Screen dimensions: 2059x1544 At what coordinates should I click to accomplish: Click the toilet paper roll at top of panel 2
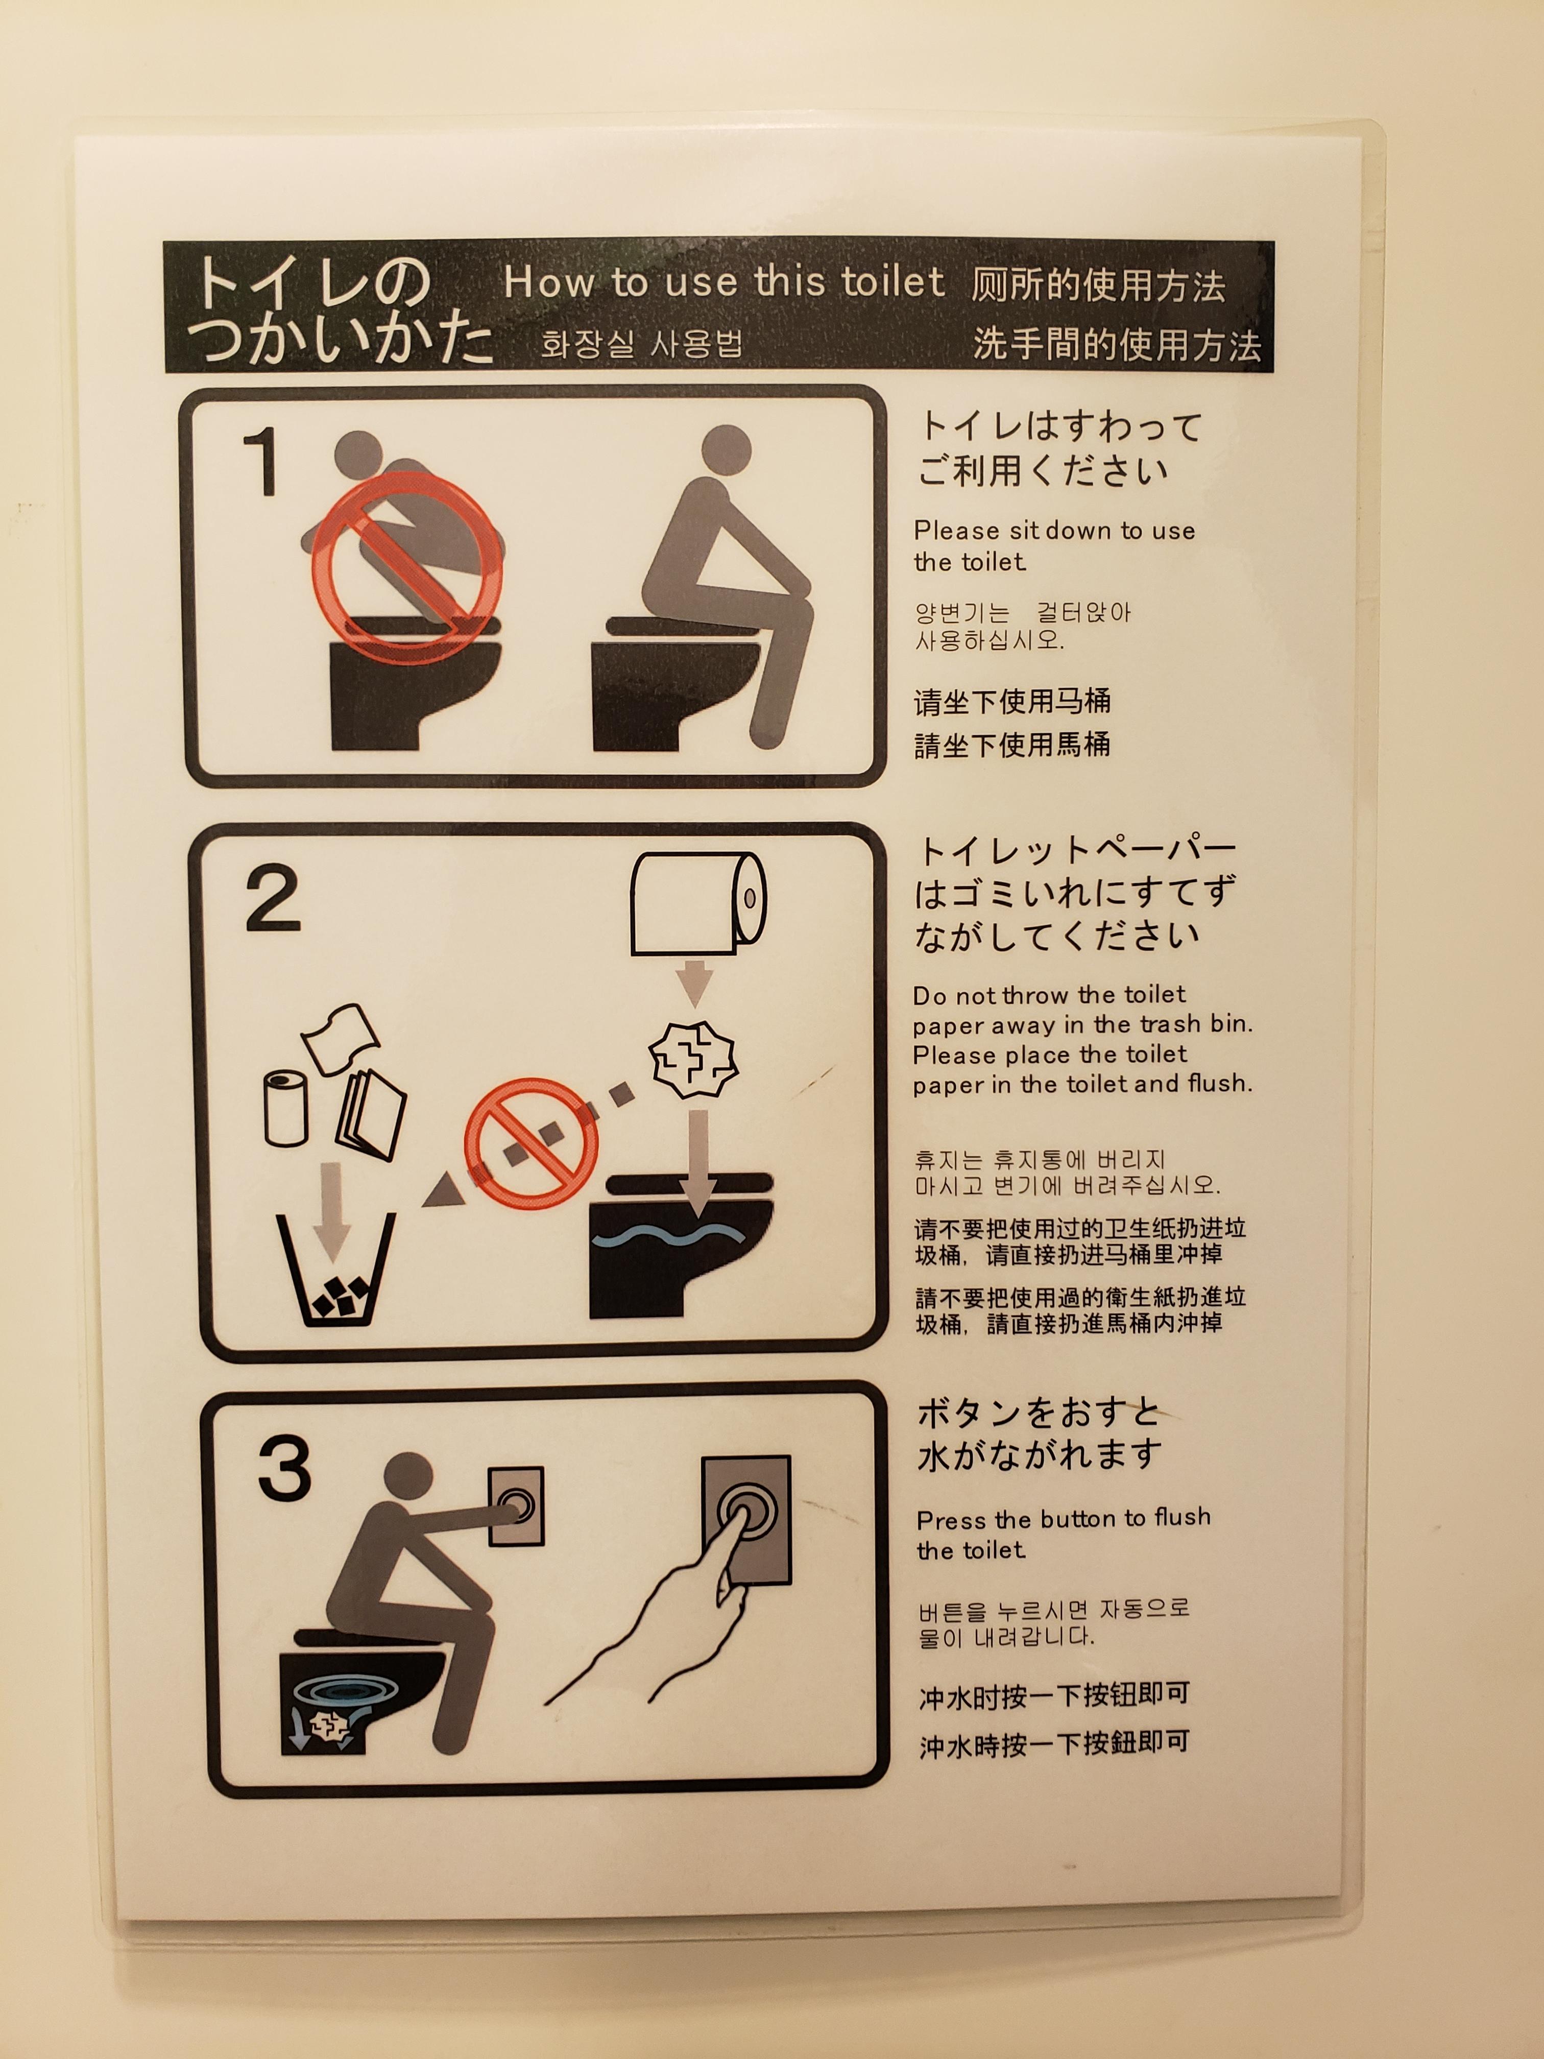(698, 903)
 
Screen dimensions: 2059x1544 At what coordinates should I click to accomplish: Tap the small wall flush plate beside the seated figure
(517, 1505)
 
